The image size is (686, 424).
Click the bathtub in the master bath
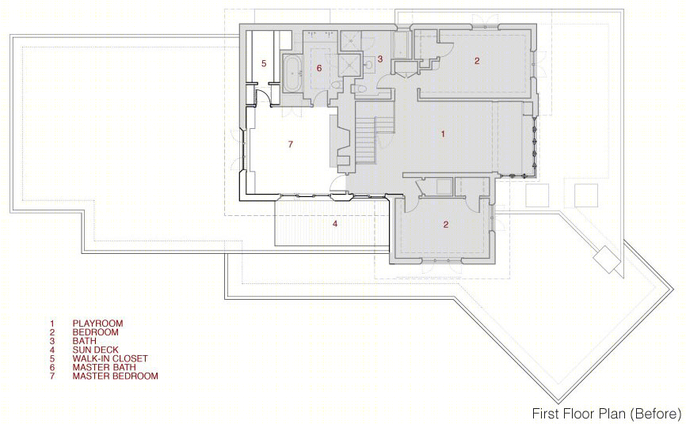[292, 74]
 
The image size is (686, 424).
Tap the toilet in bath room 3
[360, 89]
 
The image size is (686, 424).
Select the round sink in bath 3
[369, 65]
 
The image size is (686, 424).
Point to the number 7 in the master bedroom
[291, 144]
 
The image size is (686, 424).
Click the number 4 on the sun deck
[335, 224]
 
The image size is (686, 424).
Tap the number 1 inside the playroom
[443, 134]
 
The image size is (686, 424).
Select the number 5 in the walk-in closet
[264, 63]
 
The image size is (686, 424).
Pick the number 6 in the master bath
[319, 68]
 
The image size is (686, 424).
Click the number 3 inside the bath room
[380, 59]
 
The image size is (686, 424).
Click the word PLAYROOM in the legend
[98, 324]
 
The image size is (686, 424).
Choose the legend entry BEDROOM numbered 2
[95, 332]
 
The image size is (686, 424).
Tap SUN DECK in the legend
[95, 350]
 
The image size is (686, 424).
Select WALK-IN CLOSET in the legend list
[110, 358]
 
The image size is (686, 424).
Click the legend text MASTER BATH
[104, 367]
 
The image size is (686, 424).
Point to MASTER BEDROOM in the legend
[116, 376]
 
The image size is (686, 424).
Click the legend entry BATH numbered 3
[85, 341]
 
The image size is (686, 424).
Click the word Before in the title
[655, 414]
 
